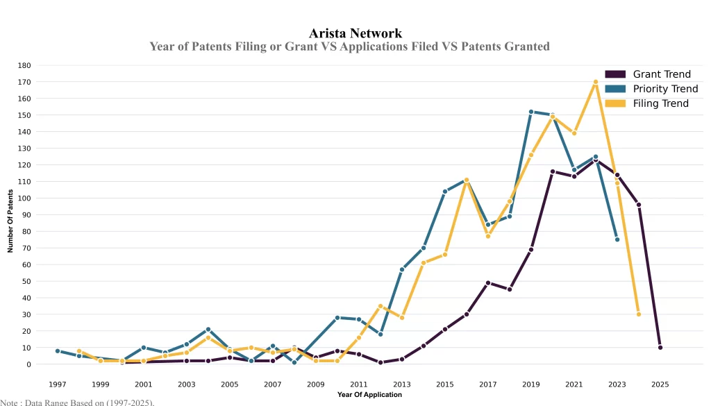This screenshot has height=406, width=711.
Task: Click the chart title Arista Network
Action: (x=355, y=33)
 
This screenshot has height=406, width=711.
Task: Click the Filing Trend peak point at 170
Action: (x=596, y=82)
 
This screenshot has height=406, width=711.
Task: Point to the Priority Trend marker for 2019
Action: (x=531, y=112)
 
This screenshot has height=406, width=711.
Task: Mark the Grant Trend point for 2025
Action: (x=660, y=347)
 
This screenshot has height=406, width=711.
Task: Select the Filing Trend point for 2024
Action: (x=639, y=314)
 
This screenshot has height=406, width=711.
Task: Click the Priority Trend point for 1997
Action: (x=58, y=351)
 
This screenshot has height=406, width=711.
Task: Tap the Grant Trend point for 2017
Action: (x=488, y=282)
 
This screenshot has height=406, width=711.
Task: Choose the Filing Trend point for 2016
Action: (x=467, y=180)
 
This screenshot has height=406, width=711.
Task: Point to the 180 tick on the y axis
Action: (x=25, y=65)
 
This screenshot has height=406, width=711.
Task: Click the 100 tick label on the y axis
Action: (x=25, y=198)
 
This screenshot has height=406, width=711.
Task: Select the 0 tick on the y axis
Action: (x=29, y=364)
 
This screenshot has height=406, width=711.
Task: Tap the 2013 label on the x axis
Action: (x=402, y=384)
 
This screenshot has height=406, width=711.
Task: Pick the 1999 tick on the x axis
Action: (x=101, y=384)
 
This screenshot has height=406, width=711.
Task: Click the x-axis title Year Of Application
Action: (x=369, y=395)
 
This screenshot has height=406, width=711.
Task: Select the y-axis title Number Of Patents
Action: (x=10, y=221)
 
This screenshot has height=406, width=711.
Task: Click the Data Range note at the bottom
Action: (x=77, y=402)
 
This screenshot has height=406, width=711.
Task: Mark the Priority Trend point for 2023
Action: (x=617, y=239)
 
